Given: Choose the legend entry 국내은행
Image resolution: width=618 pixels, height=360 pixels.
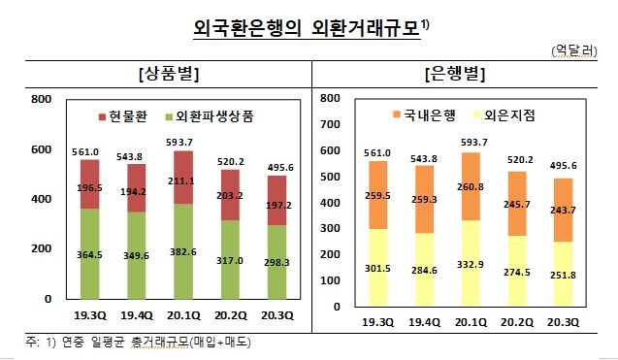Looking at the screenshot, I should pos(431,115).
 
